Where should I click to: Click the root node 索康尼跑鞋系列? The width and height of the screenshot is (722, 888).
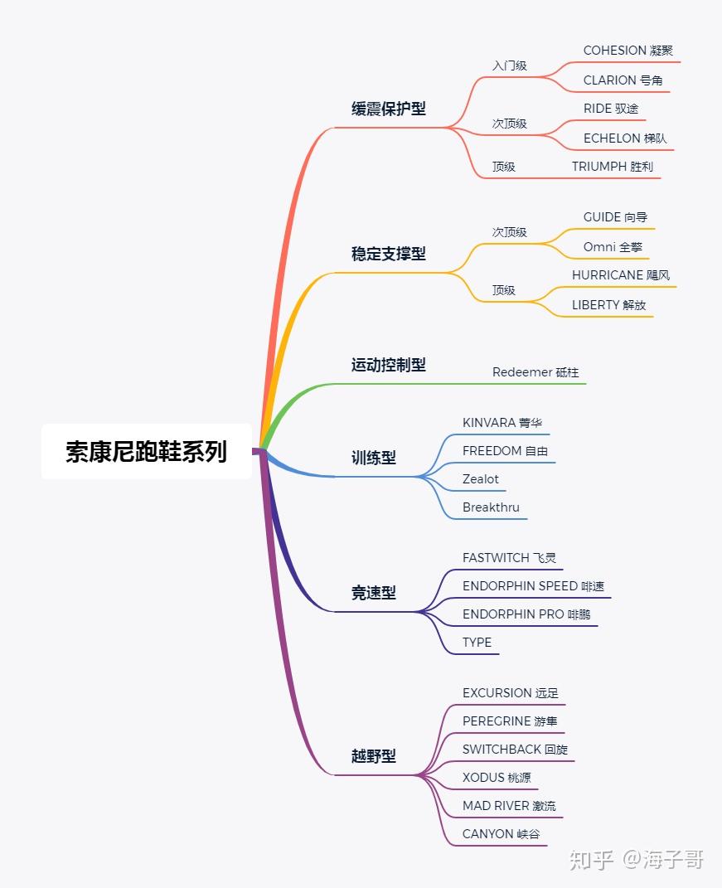[146, 452]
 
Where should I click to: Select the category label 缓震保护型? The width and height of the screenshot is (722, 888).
[388, 109]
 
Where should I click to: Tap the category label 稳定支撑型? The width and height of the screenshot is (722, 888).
[388, 254]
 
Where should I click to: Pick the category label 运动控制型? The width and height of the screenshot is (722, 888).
[388, 365]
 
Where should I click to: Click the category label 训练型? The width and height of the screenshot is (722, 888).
[373, 457]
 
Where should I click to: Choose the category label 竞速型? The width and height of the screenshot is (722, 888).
[373, 593]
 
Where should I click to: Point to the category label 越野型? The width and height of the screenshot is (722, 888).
[373, 755]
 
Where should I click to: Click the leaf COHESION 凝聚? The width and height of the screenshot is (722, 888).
[628, 51]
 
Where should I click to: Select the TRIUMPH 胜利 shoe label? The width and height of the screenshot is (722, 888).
[612, 167]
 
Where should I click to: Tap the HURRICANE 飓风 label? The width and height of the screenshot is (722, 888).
[620, 275]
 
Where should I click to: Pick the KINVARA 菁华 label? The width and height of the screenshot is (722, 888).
[502, 423]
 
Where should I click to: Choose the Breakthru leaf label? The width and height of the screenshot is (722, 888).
[491, 507]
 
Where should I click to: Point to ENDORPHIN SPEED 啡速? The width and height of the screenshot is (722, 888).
[533, 586]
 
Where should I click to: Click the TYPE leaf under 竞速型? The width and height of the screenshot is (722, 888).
[477, 643]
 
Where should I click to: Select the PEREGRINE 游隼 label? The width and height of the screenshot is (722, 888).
[510, 721]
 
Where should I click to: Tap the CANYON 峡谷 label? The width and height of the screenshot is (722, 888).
[501, 834]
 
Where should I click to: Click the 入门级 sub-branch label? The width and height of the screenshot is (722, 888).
[509, 66]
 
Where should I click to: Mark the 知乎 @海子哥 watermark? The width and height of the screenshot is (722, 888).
[636, 859]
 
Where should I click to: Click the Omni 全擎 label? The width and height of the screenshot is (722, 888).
[613, 247]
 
